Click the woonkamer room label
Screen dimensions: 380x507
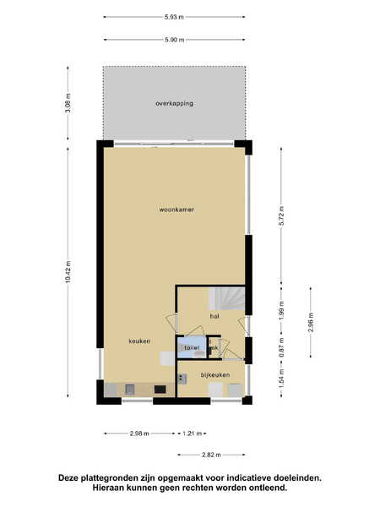point(176,210)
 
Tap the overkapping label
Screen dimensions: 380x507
point(175,103)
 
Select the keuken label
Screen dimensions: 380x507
point(139,341)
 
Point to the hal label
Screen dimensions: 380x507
point(214,316)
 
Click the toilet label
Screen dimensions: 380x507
point(192,348)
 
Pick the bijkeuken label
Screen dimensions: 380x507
point(215,374)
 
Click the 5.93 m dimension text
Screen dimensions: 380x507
point(174,17)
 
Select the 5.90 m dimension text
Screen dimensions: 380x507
point(175,40)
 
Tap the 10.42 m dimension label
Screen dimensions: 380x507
point(68,272)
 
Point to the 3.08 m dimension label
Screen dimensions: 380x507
point(68,103)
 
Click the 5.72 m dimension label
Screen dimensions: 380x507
point(281,215)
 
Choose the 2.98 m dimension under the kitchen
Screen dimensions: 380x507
point(139,433)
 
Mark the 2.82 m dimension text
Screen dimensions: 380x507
point(211,455)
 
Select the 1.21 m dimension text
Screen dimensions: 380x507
point(192,433)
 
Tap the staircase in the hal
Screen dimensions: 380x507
point(226,298)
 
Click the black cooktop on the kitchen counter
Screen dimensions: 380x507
point(160,390)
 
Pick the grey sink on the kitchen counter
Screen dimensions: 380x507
point(129,390)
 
